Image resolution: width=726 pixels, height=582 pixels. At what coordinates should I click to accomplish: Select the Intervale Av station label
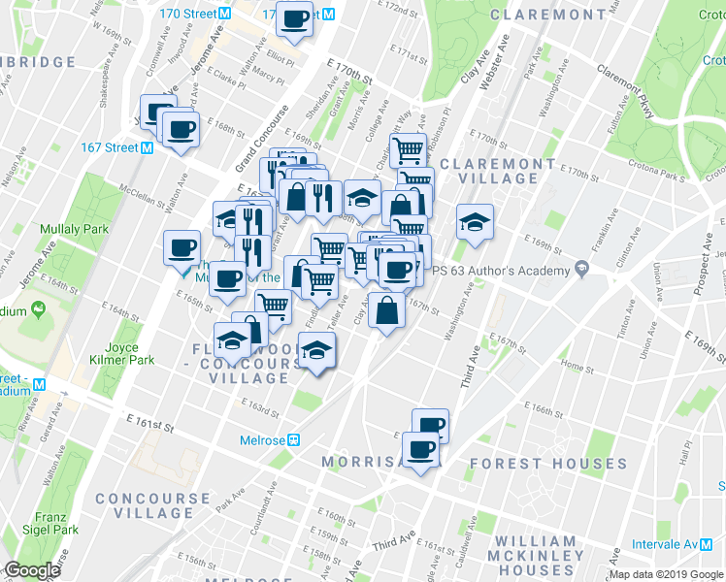[663, 544]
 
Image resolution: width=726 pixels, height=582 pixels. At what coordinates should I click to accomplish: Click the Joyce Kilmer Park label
[128, 353]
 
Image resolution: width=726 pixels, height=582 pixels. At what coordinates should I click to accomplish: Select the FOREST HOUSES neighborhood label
[543, 464]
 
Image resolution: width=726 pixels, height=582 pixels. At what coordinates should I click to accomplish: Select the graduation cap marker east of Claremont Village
[475, 222]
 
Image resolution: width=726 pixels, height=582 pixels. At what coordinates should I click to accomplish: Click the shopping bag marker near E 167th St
[387, 311]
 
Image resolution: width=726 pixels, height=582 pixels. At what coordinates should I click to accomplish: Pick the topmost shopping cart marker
[409, 149]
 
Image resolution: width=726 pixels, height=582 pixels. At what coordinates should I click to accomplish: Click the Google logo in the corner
[32, 570]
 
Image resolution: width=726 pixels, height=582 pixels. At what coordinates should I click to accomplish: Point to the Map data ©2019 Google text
[665, 574]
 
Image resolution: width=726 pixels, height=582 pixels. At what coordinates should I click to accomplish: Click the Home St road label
[577, 369]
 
